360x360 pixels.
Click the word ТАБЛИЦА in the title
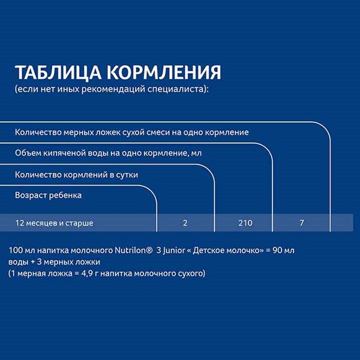pyautogui.click(x=58, y=73)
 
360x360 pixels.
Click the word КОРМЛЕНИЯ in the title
pyautogui.click(x=164, y=73)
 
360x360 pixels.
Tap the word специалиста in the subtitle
pyautogui.click(x=176, y=89)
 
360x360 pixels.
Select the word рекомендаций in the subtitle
pyautogui.click(x=113, y=89)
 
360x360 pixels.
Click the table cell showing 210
pyautogui.click(x=245, y=223)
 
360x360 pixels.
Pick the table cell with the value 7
pyautogui.click(x=302, y=223)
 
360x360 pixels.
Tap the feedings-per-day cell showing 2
pyautogui.click(x=185, y=223)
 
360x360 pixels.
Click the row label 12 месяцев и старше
pyautogui.click(x=54, y=223)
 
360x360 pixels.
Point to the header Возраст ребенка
pyautogui.click(x=48, y=196)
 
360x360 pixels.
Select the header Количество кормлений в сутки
pyautogui.click(x=76, y=175)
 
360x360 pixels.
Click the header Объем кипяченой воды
pyautogui.click(x=62, y=153)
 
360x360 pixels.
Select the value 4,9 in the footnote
pyautogui.click(x=87, y=274)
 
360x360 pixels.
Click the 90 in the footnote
pyautogui.click(x=277, y=250)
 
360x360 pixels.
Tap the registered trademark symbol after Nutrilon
pyautogui.click(x=149, y=250)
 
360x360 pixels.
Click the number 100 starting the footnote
pyautogui.click(x=16, y=250)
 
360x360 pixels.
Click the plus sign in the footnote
pyautogui.click(x=32, y=262)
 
